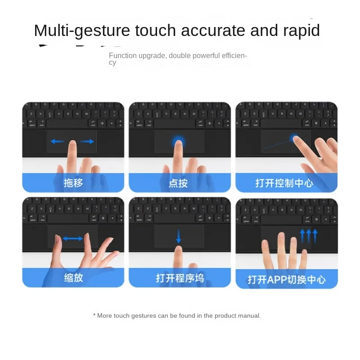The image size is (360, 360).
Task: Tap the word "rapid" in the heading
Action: pos(301,31)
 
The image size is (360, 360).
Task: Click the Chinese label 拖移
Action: pos(73,183)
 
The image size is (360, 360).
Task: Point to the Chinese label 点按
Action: pos(180,183)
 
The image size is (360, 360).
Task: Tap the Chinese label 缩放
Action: pos(73,278)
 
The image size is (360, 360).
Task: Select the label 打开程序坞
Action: pos(180,278)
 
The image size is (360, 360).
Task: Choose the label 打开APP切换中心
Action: pos(286,279)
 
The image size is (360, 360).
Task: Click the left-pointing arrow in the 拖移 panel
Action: pos(57,141)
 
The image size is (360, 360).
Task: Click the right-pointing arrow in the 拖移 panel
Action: pos(88,141)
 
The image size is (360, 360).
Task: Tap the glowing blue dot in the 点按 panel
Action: pos(178,142)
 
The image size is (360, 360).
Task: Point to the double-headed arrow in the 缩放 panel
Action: pos(72,238)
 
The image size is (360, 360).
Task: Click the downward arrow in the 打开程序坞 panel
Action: pos(179,237)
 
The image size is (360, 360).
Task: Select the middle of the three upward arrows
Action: pos(308,235)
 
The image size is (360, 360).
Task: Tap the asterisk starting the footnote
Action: pos(94,315)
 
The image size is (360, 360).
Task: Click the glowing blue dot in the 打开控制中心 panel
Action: pos(295,137)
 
